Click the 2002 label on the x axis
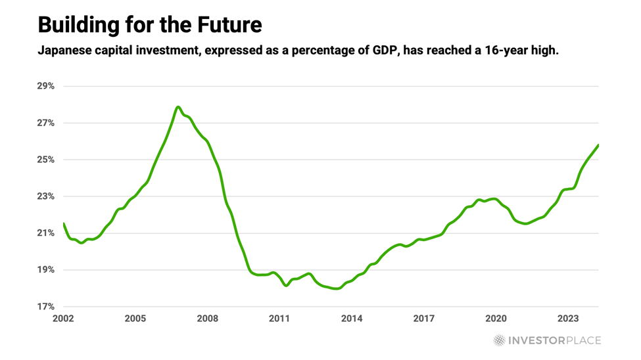[x=63, y=319]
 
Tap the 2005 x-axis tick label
[x=135, y=319]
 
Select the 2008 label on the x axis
[x=208, y=319]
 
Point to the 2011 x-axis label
[x=279, y=319]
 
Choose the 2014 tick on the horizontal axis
[x=352, y=319]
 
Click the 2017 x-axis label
[x=424, y=319]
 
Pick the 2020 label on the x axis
[x=496, y=319]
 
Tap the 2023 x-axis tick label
[x=568, y=319]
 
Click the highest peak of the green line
[x=178, y=106]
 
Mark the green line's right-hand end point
[x=598, y=145]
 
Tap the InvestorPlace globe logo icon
[x=500, y=340]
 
